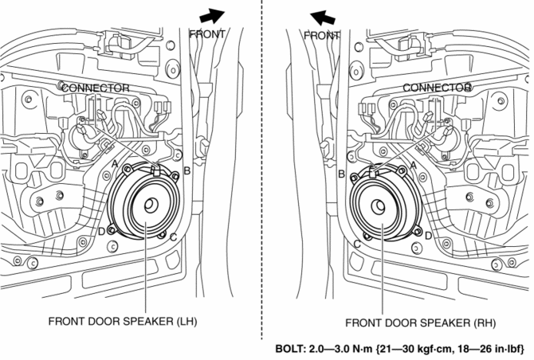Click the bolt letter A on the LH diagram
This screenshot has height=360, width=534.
[x=115, y=162]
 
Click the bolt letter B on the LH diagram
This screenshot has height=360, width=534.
[x=187, y=170]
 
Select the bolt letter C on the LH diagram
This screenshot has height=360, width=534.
[x=173, y=237]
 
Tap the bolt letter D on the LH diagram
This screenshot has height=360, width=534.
[x=101, y=232]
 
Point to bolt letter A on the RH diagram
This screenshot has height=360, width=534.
[x=413, y=162]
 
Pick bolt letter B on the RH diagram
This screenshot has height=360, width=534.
[x=341, y=173]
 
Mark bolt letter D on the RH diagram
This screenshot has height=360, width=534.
[x=429, y=236]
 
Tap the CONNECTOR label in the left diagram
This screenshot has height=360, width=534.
[x=95, y=87]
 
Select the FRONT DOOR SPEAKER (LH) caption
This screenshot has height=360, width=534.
[x=122, y=322]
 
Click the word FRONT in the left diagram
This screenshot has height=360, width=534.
[x=207, y=34]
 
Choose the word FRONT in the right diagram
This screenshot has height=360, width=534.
[x=322, y=36]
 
